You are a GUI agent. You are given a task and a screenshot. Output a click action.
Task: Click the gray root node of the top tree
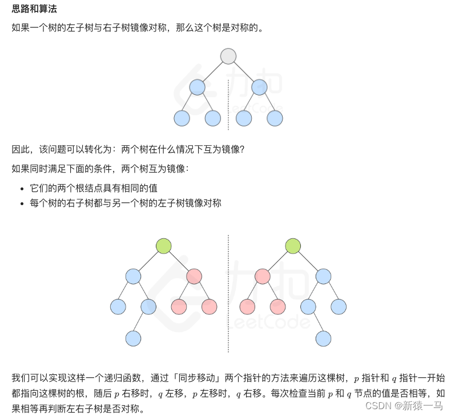tap(228, 56)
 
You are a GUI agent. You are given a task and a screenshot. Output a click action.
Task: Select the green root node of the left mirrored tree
tap(164, 246)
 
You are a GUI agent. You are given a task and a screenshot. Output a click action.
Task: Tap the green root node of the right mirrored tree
tap(293, 246)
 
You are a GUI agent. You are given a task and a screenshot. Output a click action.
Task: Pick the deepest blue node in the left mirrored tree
tap(133, 338)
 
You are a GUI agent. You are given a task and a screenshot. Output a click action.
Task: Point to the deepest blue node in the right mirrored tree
tap(324, 338)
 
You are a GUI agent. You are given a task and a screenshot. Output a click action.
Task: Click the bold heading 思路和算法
tap(34, 10)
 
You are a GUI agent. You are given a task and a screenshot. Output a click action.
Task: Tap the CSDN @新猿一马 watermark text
tap(404, 405)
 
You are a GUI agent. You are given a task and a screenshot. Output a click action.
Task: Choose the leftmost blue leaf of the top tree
tap(182, 118)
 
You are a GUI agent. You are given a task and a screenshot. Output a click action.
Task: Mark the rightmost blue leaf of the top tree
tap(275, 118)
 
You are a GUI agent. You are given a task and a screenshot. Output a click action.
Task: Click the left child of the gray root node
tap(197, 87)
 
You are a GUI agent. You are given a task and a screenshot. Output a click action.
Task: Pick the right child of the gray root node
tap(259, 87)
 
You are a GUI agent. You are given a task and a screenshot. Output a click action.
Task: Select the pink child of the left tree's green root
tap(194, 277)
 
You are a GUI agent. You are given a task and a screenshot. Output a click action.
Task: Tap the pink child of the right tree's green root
tap(263, 277)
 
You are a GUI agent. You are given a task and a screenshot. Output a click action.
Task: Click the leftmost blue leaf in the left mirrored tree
tap(118, 307)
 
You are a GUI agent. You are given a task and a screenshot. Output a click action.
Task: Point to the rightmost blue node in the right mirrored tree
tap(339, 307)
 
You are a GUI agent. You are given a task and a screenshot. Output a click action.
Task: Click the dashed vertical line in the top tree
tap(228, 106)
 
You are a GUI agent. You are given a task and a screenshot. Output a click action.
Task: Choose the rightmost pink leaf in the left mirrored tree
tap(210, 307)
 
